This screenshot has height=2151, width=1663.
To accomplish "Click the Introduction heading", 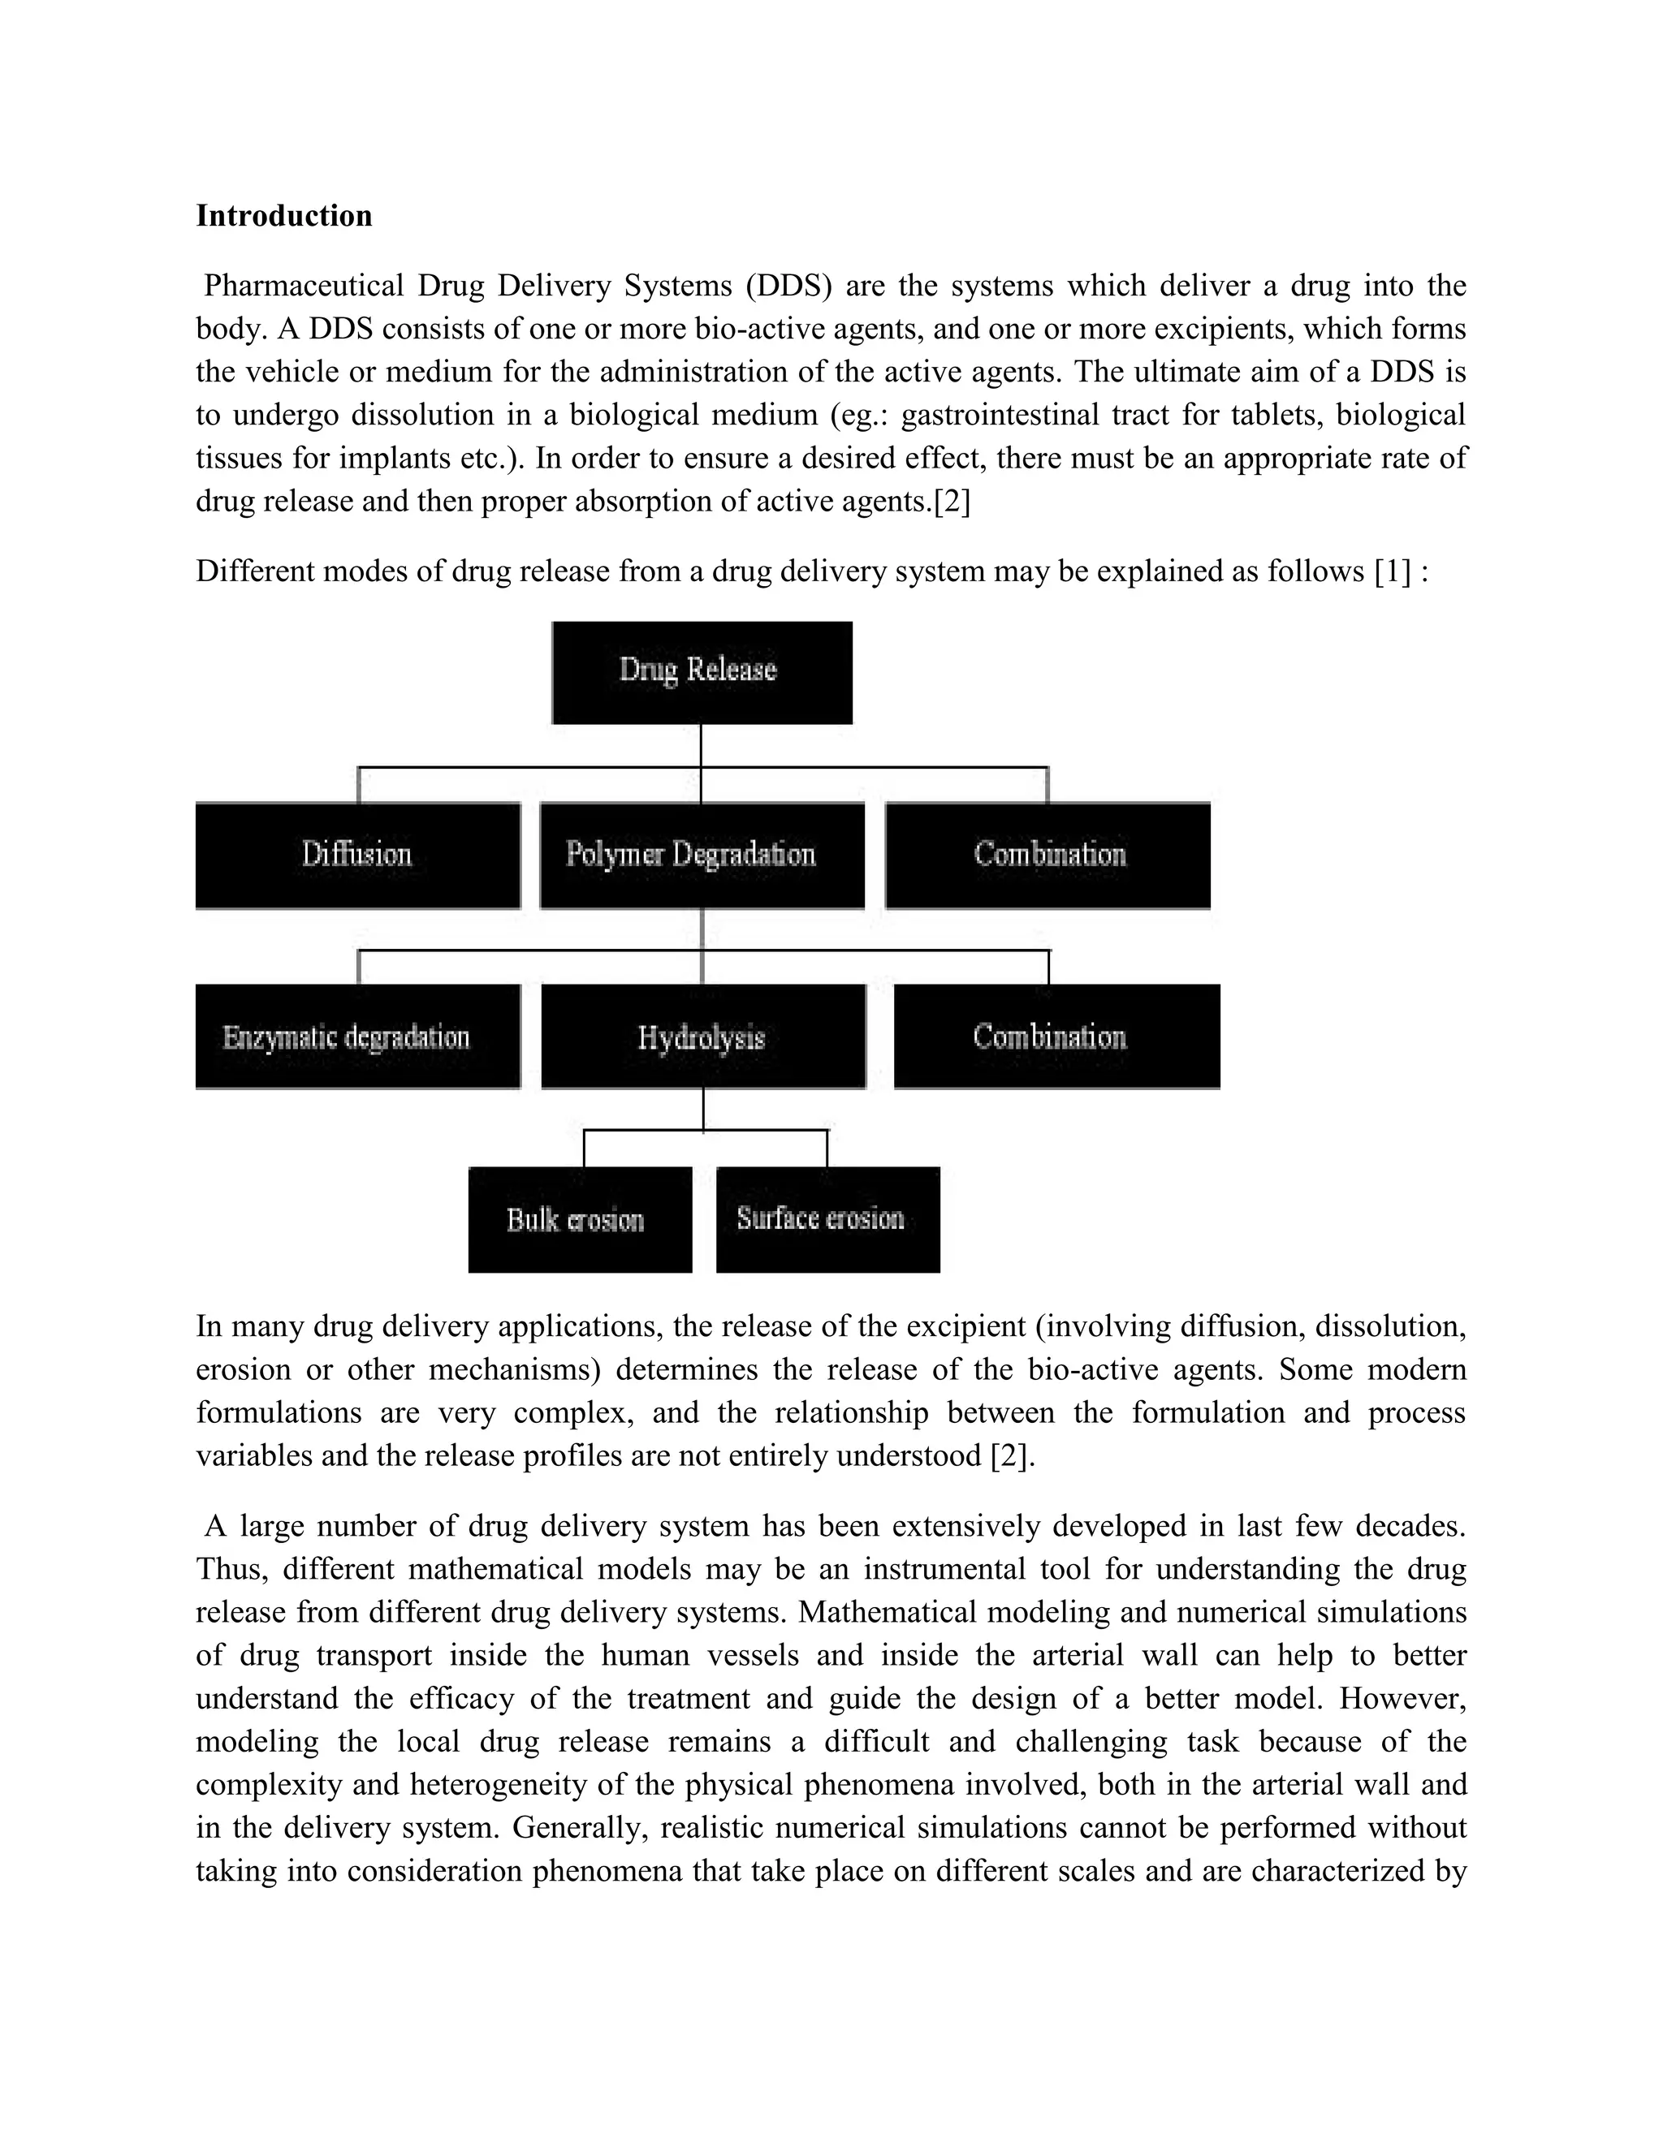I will tap(283, 216).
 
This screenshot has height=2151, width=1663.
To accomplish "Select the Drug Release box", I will tap(702, 672).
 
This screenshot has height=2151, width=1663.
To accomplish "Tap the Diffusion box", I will tap(356, 855).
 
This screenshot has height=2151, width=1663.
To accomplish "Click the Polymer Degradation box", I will tap(702, 855).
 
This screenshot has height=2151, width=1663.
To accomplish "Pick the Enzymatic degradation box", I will tap(356, 1037).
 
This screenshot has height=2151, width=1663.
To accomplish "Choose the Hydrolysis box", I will tap(702, 1037).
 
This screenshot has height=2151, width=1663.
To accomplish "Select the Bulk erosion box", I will tap(579, 1220).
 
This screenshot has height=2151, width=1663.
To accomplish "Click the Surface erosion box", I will tap(827, 1220).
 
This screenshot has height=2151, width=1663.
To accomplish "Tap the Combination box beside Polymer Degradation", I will tap(1047, 855).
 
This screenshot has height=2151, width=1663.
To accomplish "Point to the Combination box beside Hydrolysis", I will tap(1056, 1037).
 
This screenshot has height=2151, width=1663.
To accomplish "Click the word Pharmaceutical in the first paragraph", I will tap(304, 287).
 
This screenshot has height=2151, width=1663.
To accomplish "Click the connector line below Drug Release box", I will tap(701, 747).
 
